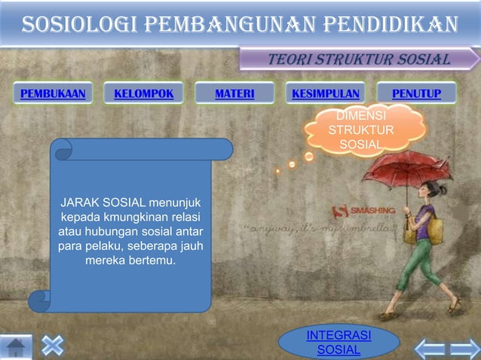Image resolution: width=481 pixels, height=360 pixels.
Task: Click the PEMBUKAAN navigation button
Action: pos(52,93)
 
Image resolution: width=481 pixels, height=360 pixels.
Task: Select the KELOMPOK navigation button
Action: pos(143,93)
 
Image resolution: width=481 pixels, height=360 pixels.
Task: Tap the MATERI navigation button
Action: pos(234,93)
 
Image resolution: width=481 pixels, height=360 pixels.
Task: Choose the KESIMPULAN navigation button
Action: pos(325,93)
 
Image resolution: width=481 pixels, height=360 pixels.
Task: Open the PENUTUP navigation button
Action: pos(416,93)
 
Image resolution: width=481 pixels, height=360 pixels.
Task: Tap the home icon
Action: pos(17,347)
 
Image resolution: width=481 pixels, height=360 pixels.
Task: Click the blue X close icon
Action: pos(52,346)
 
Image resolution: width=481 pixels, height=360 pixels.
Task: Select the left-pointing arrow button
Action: pos(430,349)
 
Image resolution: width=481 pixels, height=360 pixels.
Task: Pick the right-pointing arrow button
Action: pos(464,349)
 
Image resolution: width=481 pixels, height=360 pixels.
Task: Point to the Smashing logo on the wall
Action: pos(360,212)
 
